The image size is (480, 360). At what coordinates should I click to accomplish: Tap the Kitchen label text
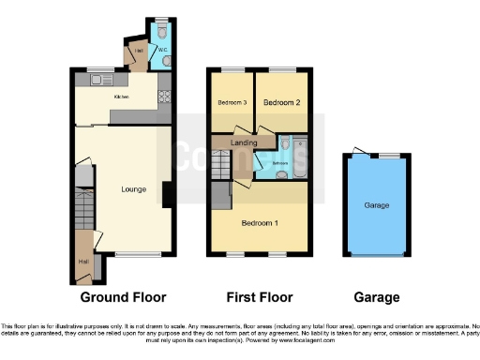(x=122, y=97)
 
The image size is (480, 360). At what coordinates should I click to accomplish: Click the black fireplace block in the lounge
(x=166, y=195)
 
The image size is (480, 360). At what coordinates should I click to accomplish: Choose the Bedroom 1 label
(x=259, y=223)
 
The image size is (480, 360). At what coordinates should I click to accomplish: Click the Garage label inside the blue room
(x=377, y=205)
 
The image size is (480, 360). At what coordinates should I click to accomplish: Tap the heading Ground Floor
(x=123, y=297)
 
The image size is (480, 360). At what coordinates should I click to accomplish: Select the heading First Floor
(x=259, y=297)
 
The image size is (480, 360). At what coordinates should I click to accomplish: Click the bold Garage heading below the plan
(x=377, y=297)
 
